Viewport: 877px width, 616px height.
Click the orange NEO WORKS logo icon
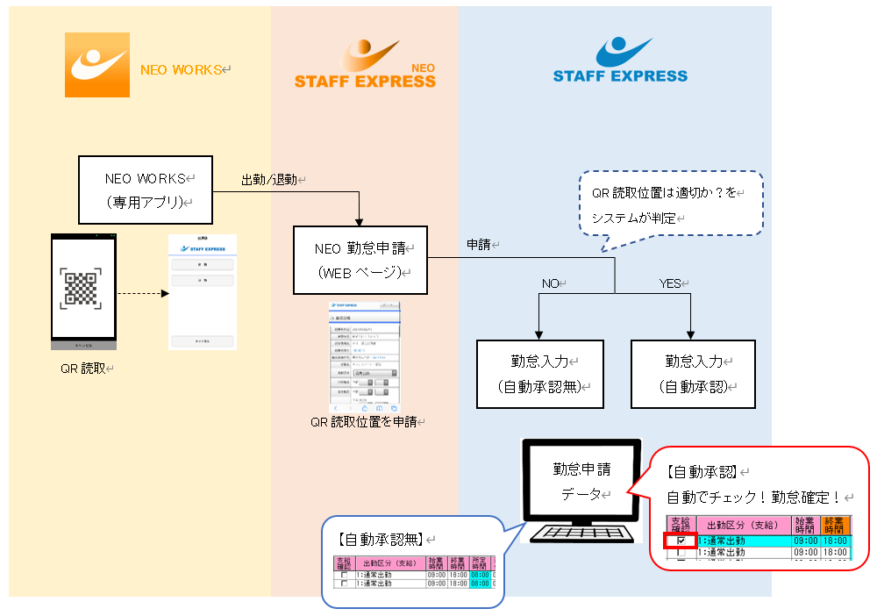point(97,65)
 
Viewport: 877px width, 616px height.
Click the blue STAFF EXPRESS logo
point(620,61)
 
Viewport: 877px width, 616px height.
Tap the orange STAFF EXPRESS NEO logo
point(365,66)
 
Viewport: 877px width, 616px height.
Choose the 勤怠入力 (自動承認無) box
point(540,373)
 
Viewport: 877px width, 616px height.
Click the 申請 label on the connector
point(479,245)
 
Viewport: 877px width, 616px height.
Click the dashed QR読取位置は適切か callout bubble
point(671,204)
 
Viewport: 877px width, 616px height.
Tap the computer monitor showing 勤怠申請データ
point(581,482)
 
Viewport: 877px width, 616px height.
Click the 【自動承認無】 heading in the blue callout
point(381,538)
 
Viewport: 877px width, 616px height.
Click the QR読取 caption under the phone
point(83,369)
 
